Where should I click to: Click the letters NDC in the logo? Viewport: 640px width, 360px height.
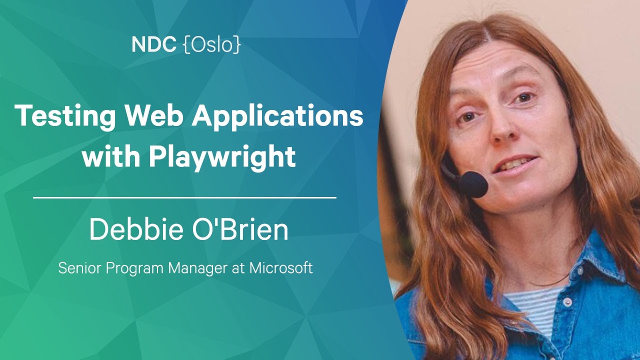tap(153, 45)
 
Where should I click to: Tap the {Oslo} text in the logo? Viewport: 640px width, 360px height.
tap(212, 45)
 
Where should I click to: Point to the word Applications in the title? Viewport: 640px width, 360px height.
tap(278, 117)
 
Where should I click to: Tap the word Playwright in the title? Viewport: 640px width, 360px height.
tap(221, 157)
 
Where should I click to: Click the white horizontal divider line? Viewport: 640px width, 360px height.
tap(184, 198)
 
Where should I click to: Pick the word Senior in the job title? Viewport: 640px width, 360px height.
tap(75, 268)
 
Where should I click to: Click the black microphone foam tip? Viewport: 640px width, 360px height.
tap(473, 184)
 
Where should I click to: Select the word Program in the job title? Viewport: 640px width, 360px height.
tap(134, 268)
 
